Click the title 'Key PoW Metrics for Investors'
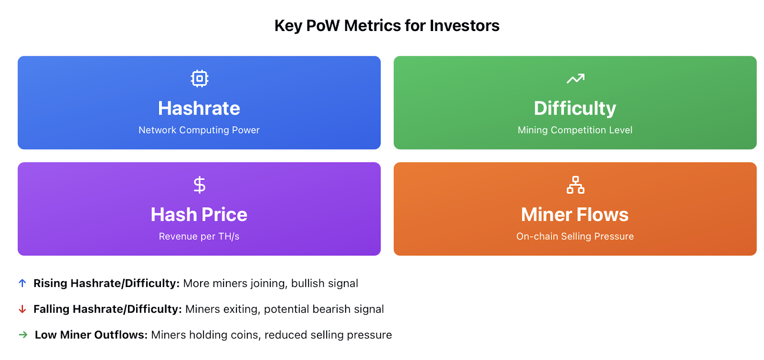pyautogui.click(x=387, y=26)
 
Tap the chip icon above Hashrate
pyautogui.click(x=200, y=79)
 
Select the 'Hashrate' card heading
pyautogui.click(x=199, y=108)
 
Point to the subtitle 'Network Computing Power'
pyautogui.click(x=199, y=130)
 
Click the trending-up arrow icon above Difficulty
pyautogui.click(x=575, y=79)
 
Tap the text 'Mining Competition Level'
pyautogui.click(x=575, y=130)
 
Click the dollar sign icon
pyautogui.click(x=200, y=185)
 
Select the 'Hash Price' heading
pyautogui.click(x=199, y=215)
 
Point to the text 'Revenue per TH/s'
pyautogui.click(x=199, y=237)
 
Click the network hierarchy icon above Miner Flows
pyautogui.click(x=575, y=185)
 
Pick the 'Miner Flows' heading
pyautogui.click(x=575, y=215)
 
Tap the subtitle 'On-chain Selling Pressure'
pyautogui.click(x=575, y=237)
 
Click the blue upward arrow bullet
pyautogui.click(x=22, y=283)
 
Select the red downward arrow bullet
pyautogui.click(x=22, y=309)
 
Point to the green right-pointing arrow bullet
pyautogui.click(x=23, y=335)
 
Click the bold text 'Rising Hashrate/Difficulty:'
pyautogui.click(x=106, y=284)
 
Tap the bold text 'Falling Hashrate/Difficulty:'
pyautogui.click(x=107, y=309)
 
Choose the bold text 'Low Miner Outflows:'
pyautogui.click(x=91, y=335)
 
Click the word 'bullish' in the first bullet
pyautogui.click(x=308, y=284)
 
